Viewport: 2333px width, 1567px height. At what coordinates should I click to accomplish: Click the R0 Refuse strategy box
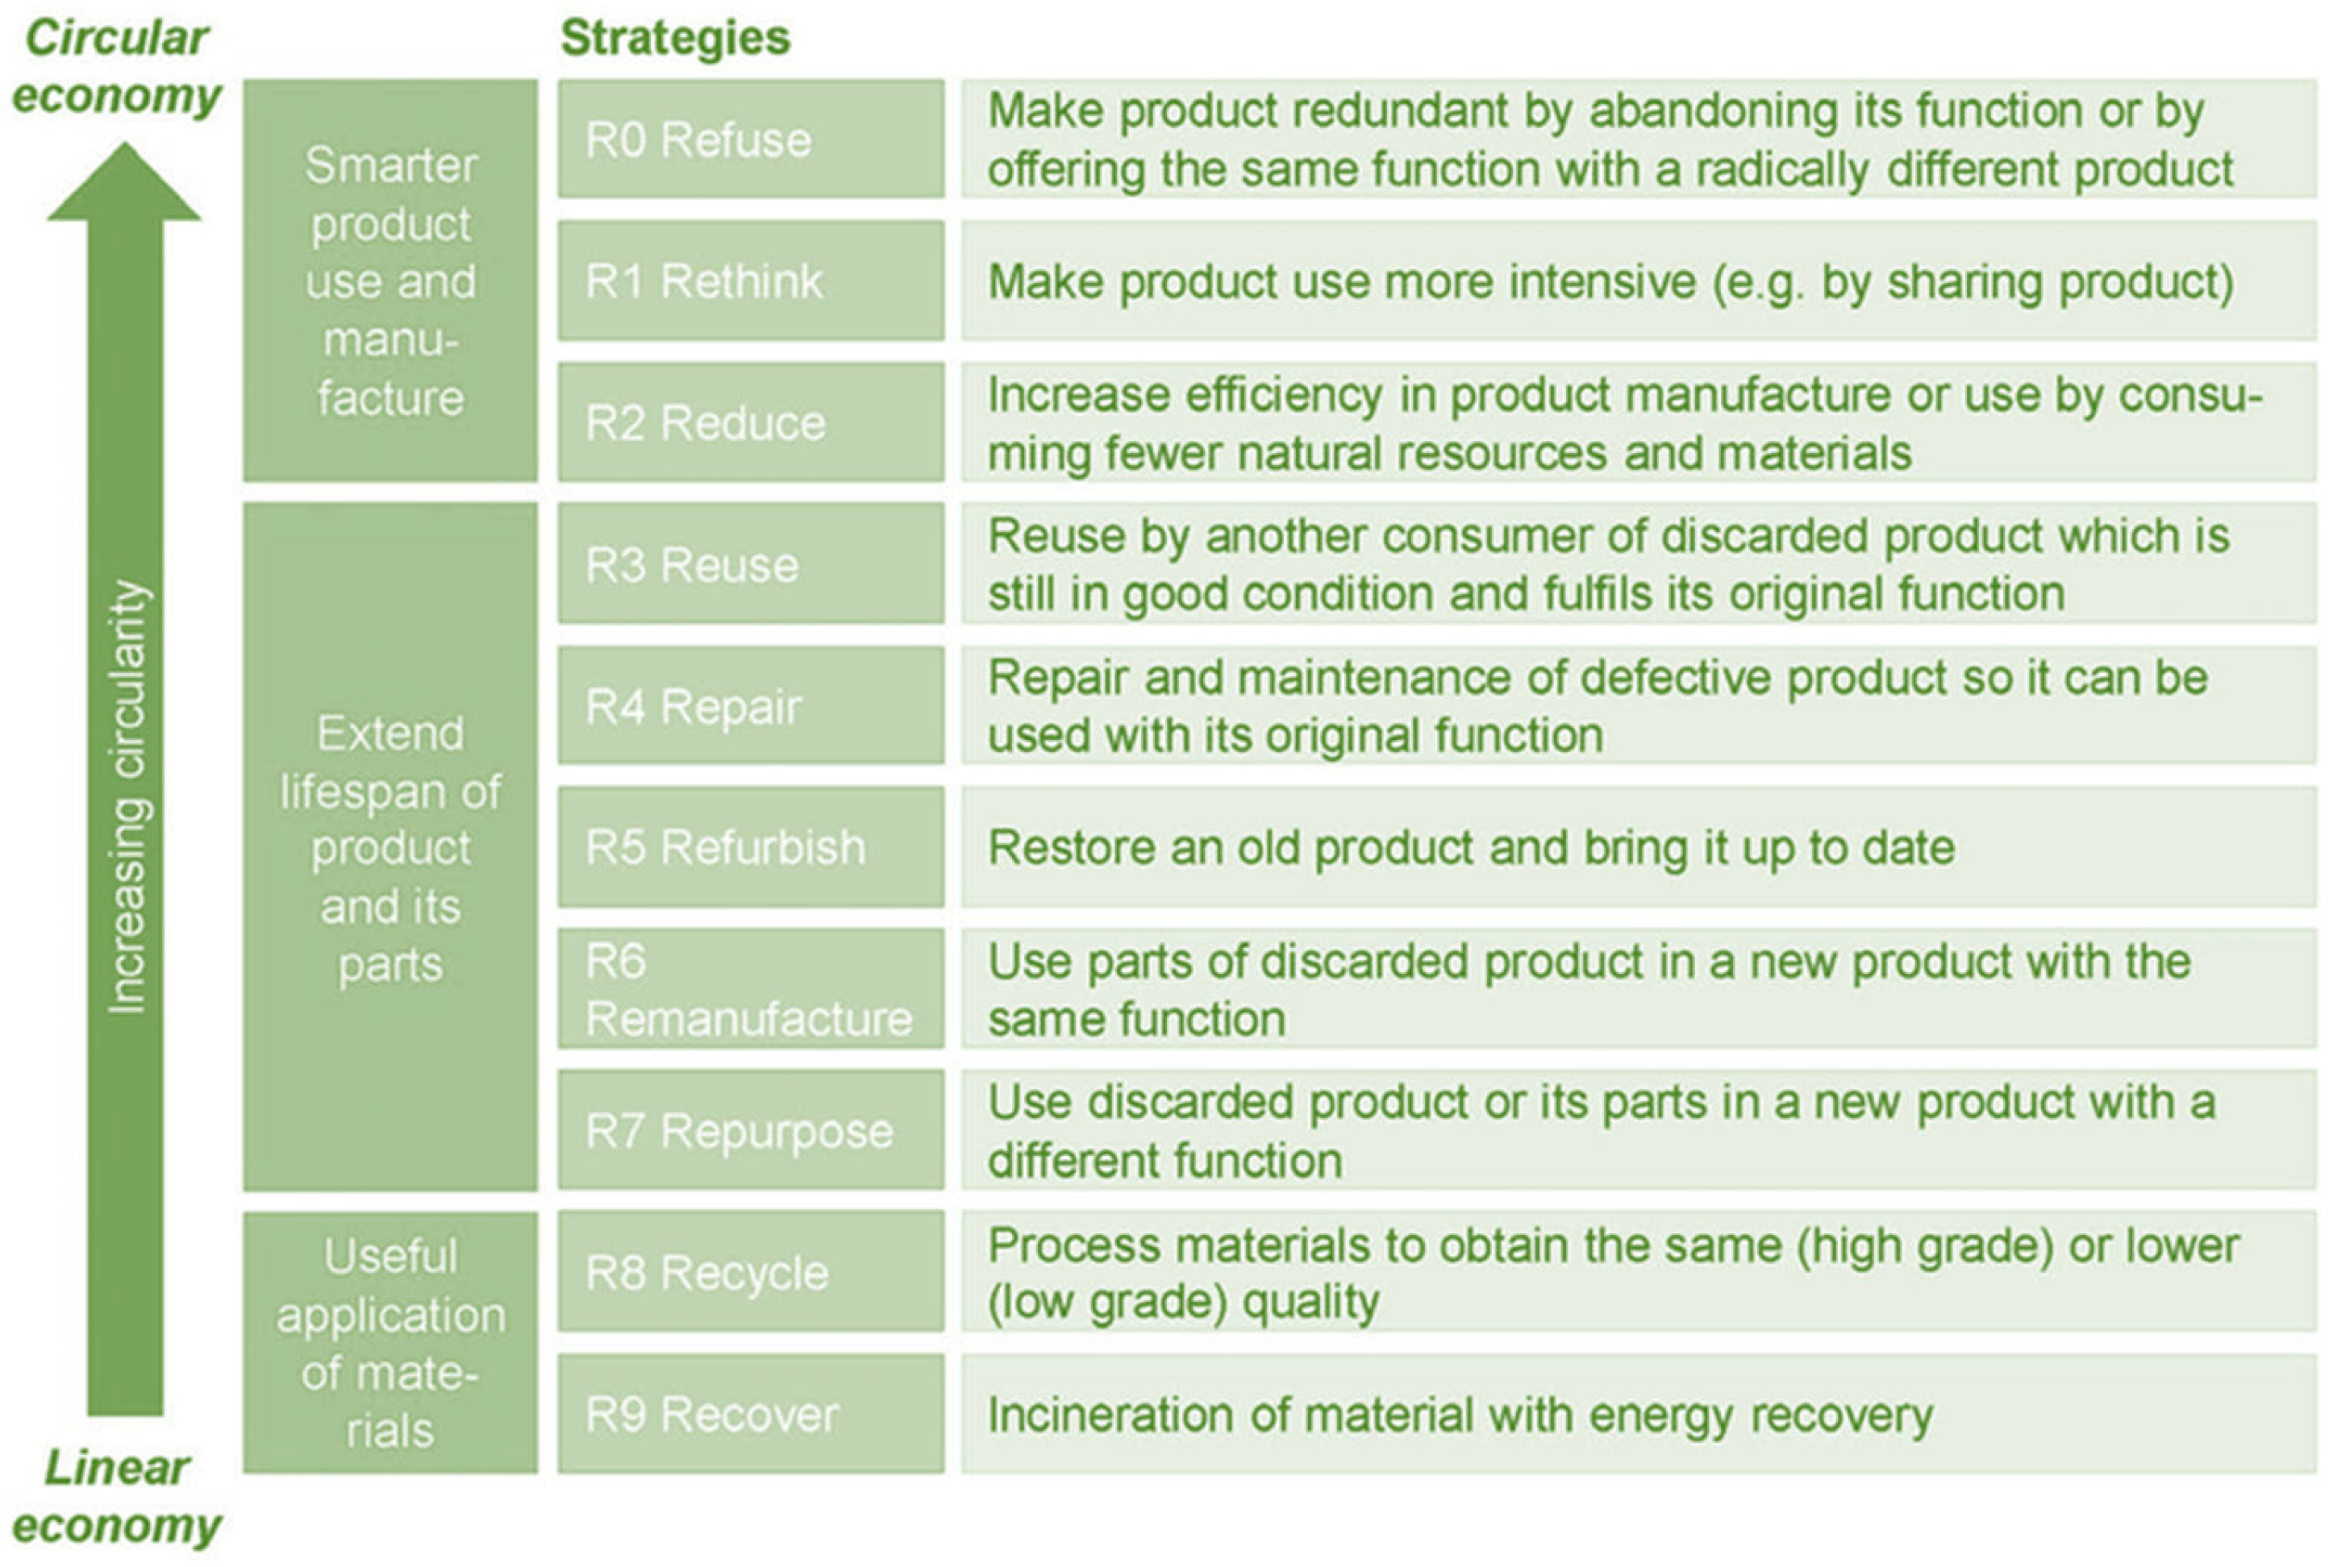click(751, 139)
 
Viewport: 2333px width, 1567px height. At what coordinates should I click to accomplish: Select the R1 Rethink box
click(751, 281)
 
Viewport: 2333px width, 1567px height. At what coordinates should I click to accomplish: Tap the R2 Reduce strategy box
click(751, 422)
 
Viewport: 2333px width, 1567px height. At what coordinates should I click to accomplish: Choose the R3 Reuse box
click(751, 563)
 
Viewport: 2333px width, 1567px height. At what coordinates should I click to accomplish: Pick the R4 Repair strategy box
click(751, 705)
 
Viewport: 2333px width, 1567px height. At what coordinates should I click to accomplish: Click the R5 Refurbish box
click(751, 847)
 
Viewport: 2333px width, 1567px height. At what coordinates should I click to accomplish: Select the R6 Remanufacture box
click(751, 989)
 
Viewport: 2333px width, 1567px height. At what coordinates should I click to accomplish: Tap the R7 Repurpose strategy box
click(751, 1130)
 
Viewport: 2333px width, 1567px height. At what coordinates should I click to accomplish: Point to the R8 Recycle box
click(751, 1272)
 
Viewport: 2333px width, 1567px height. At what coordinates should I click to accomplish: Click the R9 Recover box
click(751, 1414)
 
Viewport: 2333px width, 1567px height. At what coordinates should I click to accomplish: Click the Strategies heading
click(676, 38)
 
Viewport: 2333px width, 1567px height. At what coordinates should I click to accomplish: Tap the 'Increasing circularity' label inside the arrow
click(129, 797)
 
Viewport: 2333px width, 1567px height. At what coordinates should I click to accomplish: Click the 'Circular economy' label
click(116, 68)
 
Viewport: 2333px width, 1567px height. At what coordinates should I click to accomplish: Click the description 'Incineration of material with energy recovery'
click(1460, 1416)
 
